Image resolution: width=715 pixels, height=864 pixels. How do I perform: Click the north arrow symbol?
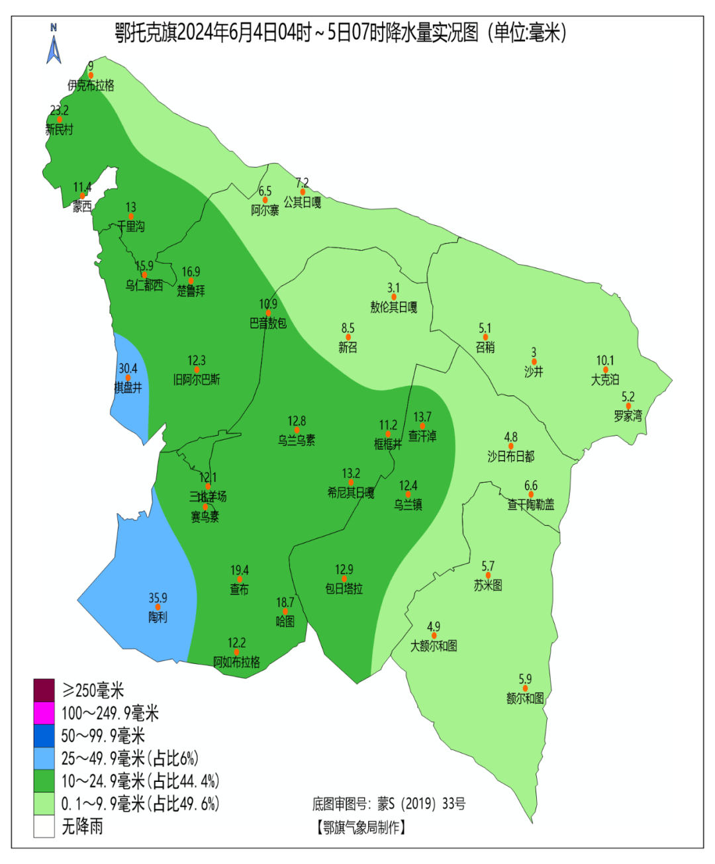pyautogui.click(x=54, y=44)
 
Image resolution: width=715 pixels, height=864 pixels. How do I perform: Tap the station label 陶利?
pyautogui.click(x=158, y=617)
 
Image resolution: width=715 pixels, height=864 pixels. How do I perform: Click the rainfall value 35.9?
pyautogui.click(x=158, y=598)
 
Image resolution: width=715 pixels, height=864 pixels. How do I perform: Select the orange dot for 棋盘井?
pyautogui.click(x=128, y=378)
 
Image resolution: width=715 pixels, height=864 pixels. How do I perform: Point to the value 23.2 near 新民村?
pyautogui.click(x=59, y=111)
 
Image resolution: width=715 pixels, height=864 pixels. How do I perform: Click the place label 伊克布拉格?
pyautogui.click(x=91, y=85)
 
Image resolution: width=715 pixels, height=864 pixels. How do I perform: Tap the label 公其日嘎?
pyautogui.click(x=303, y=202)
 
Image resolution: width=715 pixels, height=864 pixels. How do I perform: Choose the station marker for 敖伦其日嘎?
pyautogui.click(x=394, y=297)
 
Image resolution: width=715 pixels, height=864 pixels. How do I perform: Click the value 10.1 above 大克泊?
pyautogui.click(x=605, y=361)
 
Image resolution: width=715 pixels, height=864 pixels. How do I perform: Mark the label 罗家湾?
pyautogui.click(x=628, y=416)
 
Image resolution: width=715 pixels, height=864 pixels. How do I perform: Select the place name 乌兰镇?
pyautogui.click(x=408, y=504)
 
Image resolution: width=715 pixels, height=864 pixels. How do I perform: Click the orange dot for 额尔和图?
pyautogui.click(x=525, y=689)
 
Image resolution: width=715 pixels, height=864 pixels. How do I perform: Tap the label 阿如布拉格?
pyautogui.click(x=236, y=662)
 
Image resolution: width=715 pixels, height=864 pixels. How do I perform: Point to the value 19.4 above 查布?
pyautogui.click(x=240, y=570)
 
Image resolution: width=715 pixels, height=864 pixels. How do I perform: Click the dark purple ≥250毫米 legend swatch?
pyautogui.click(x=44, y=691)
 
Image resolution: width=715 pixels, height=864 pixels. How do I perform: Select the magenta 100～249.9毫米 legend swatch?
pyautogui.click(x=44, y=713)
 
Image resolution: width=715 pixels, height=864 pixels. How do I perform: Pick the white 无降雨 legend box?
pyautogui.click(x=44, y=826)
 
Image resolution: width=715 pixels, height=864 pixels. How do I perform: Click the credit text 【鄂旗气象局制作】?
pyautogui.click(x=361, y=828)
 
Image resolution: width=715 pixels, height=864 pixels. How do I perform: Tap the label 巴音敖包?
pyautogui.click(x=268, y=324)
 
